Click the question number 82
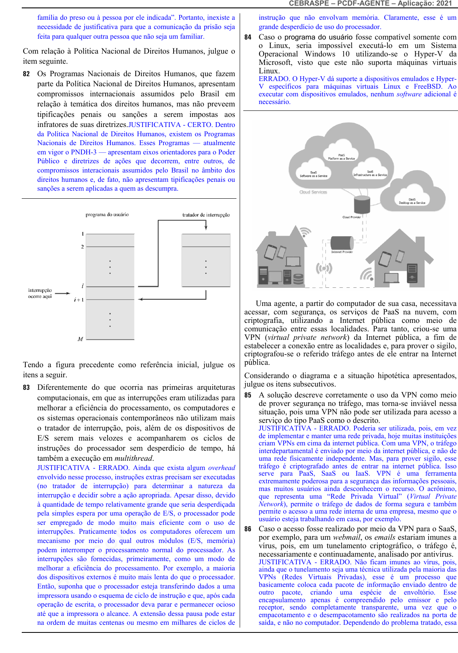click(x=26, y=74)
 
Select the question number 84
click(x=248, y=37)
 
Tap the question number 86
click(x=248, y=529)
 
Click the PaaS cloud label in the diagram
click(x=341, y=157)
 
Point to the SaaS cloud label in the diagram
click(x=313, y=174)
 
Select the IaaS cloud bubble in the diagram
click(x=370, y=173)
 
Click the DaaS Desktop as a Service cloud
click(x=412, y=201)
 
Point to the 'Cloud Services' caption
click(x=313, y=192)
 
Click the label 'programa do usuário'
click(x=107, y=215)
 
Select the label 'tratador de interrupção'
click(x=206, y=215)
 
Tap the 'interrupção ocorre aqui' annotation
click(x=40, y=293)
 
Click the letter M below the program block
click(x=80, y=339)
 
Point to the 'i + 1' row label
click(x=79, y=300)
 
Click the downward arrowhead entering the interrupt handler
click(x=206, y=228)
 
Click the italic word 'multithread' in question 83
click(x=133, y=458)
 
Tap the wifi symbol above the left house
click(x=305, y=232)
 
